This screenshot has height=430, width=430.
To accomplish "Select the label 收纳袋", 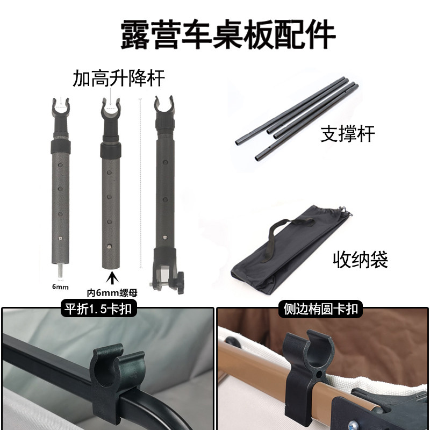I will tap(361, 260).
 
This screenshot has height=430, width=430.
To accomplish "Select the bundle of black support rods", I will tap(296, 118).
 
